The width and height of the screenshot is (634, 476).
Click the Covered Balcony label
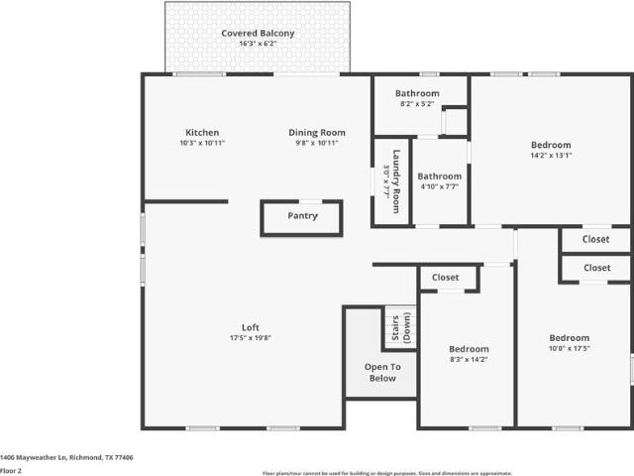pyautogui.click(x=258, y=33)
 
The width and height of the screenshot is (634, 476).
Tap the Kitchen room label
pyautogui.click(x=202, y=132)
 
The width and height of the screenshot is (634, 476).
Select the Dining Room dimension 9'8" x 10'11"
pyautogui.click(x=317, y=143)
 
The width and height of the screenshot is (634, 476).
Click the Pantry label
pyautogui.click(x=302, y=216)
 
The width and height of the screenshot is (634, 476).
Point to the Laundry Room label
pyautogui.click(x=396, y=181)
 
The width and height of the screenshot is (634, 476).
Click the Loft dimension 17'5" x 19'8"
pyautogui.click(x=251, y=338)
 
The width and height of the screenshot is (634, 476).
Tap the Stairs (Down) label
pyautogui.click(x=401, y=328)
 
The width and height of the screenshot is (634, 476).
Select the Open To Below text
pyautogui.click(x=382, y=373)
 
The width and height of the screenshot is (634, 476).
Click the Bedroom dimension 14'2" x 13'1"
pyautogui.click(x=551, y=155)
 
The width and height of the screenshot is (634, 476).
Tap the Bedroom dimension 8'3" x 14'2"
pyautogui.click(x=469, y=359)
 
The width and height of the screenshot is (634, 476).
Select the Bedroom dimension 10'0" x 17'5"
pyautogui.click(x=570, y=348)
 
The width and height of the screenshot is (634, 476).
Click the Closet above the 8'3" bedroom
pyautogui.click(x=445, y=278)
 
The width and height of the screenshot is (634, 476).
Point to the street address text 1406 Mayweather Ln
pyautogui.click(x=33, y=457)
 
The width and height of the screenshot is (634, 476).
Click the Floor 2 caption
pyautogui.click(x=11, y=471)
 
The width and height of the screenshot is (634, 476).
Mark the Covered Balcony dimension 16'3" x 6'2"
pyautogui.click(x=258, y=44)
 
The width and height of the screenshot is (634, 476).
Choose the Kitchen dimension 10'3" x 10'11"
pyautogui.click(x=202, y=143)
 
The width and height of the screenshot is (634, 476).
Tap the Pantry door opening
pyautogui.click(x=310, y=201)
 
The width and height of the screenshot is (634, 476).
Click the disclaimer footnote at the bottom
pyautogui.click(x=387, y=473)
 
